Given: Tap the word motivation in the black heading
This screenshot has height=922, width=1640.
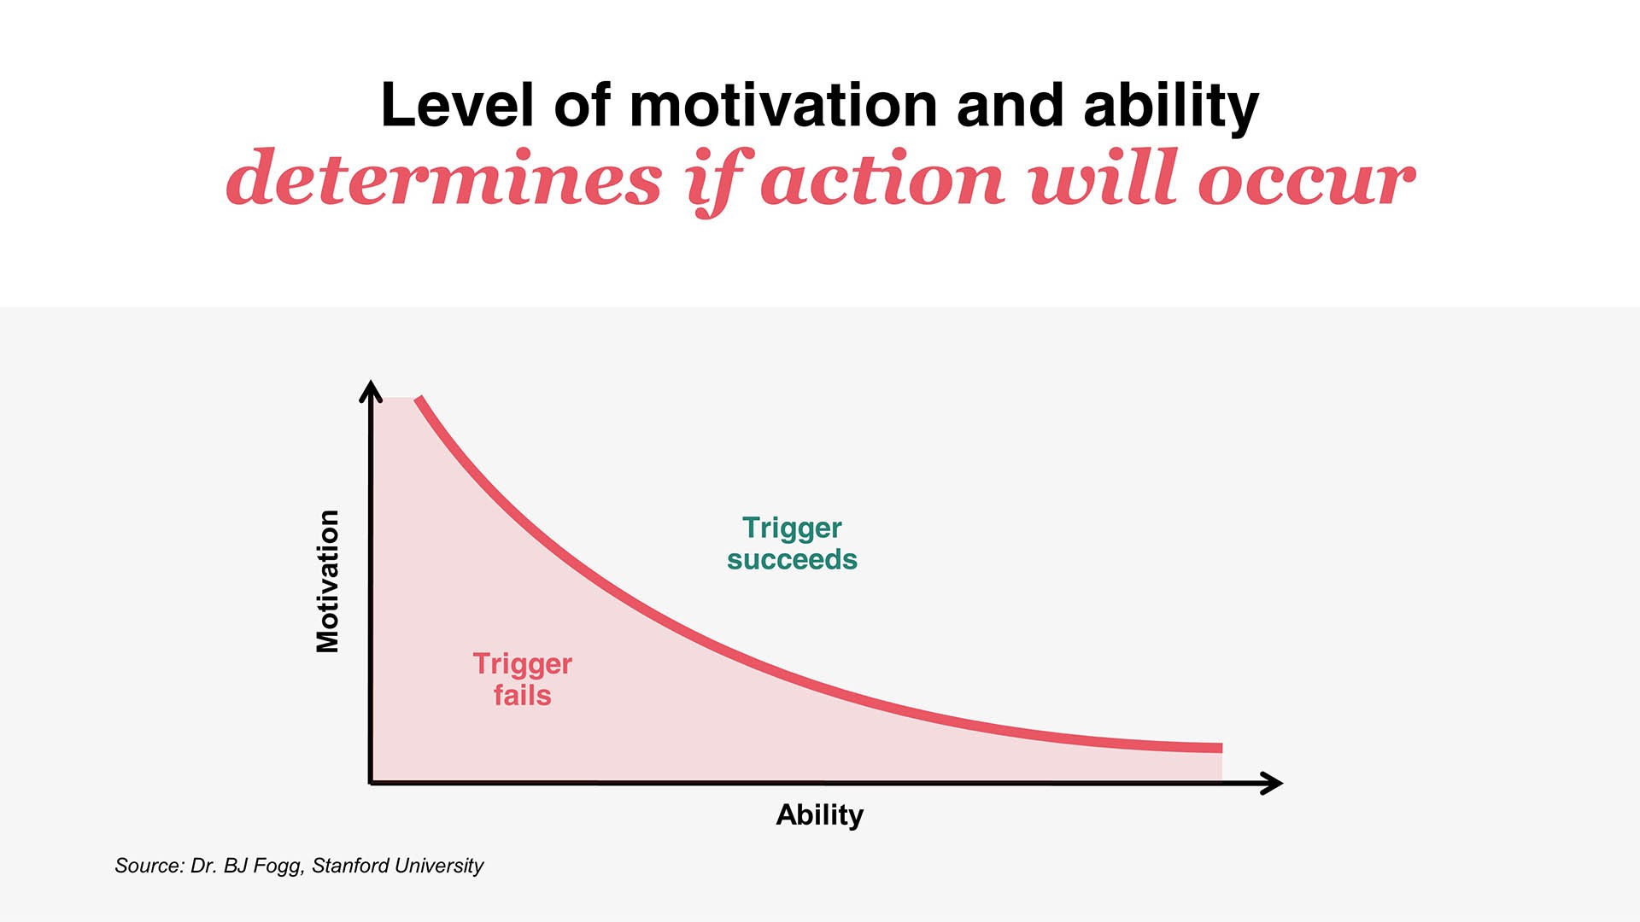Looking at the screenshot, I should tap(783, 106).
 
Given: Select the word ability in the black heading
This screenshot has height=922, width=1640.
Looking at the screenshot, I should tap(1171, 108).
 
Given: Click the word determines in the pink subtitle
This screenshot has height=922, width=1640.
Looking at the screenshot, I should tap(444, 179).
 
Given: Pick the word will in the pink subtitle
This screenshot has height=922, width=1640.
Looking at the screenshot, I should tap(1104, 179).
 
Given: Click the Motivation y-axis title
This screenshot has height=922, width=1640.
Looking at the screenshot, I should tap(328, 581).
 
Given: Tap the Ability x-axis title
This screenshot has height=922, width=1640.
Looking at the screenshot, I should tap(819, 814).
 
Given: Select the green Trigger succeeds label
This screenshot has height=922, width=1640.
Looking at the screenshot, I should tap(792, 543).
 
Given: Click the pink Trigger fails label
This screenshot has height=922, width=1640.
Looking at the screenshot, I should tap(522, 680).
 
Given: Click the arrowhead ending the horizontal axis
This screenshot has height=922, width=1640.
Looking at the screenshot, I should tap(1274, 783).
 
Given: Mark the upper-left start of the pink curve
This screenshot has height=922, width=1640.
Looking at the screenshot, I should tap(419, 400).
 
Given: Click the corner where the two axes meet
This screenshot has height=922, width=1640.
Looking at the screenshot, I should tap(371, 782).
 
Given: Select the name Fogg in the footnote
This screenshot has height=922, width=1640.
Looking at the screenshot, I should tap(278, 866).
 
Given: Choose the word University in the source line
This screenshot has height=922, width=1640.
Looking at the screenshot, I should tap(440, 866).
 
